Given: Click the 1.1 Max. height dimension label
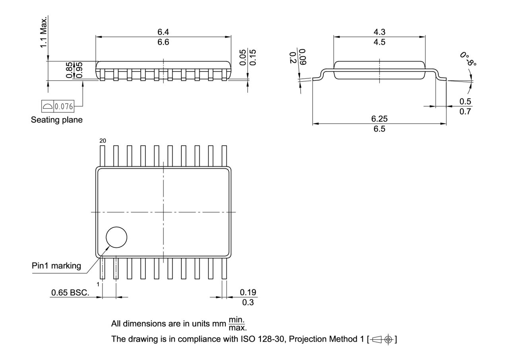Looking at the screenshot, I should [x=43, y=32].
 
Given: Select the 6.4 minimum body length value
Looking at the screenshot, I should [x=163, y=32].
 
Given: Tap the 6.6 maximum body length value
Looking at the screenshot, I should [x=163, y=42].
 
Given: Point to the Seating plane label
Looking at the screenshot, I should [x=57, y=120].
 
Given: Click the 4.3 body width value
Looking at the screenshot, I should [x=379, y=32].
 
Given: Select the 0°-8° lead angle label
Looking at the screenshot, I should [x=468, y=59].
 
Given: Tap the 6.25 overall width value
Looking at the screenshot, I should [x=379, y=119].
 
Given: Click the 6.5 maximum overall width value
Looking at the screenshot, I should [x=379, y=129].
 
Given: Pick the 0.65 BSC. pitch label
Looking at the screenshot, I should [x=70, y=293].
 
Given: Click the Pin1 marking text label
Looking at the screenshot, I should [x=56, y=266].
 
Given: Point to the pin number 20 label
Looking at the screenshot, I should [x=102, y=141].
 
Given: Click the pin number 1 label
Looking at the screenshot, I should [x=98, y=284].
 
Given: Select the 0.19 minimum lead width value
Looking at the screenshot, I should [x=248, y=292].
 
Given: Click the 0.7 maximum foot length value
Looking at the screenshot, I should [x=465, y=111].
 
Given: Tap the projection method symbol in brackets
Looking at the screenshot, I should [x=382, y=339].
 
